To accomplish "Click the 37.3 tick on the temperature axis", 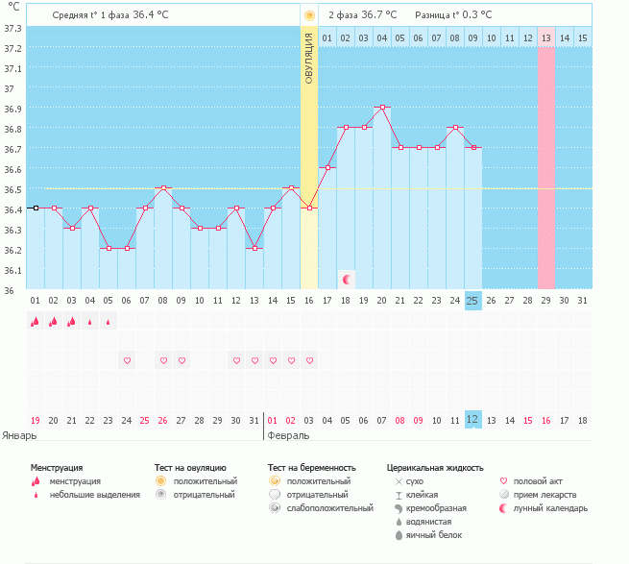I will pyautogui.click(x=12, y=28).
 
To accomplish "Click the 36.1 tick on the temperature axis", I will pyautogui.click(x=12, y=270).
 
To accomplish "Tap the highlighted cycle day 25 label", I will pyautogui.click(x=472, y=301).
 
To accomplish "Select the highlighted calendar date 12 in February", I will pyautogui.click(x=472, y=420).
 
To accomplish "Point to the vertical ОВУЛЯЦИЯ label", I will pyautogui.click(x=308, y=58).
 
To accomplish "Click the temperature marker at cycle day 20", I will pyautogui.click(x=382, y=108).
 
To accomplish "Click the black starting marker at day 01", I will pyautogui.click(x=36, y=208).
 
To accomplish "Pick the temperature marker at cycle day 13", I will pyautogui.click(x=254, y=249).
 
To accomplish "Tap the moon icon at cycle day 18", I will pyautogui.click(x=347, y=279).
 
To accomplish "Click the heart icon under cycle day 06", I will pyautogui.click(x=127, y=360).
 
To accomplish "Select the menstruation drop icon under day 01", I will pyautogui.click(x=36, y=322).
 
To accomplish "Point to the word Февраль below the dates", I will pyautogui.click(x=287, y=435).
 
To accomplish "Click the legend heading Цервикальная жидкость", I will pyautogui.click(x=434, y=467).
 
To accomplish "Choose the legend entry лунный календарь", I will pyautogui.click(x=549, y=507).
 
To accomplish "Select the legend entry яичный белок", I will pyautogui.click(x=434, y=534).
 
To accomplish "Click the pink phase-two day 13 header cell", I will pyautogui.click(x=545, y=37).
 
